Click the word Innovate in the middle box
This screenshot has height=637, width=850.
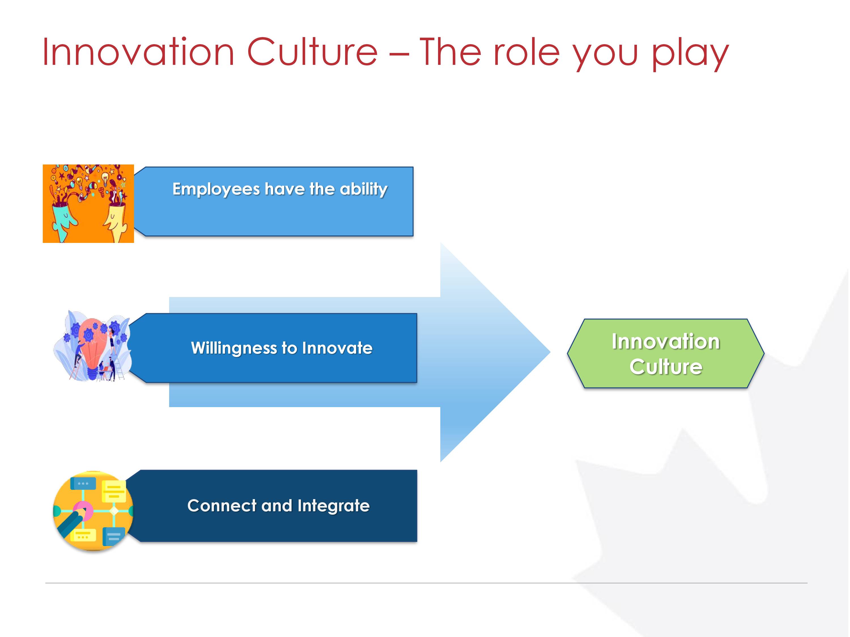pos(337,348)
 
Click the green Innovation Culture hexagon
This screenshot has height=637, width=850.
pos(666,353)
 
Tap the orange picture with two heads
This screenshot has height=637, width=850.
pos(88,204)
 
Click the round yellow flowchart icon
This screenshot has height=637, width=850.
pos(93,511)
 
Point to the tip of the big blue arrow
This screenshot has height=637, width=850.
pos(550,352)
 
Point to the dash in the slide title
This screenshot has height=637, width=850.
pos(398,55)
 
